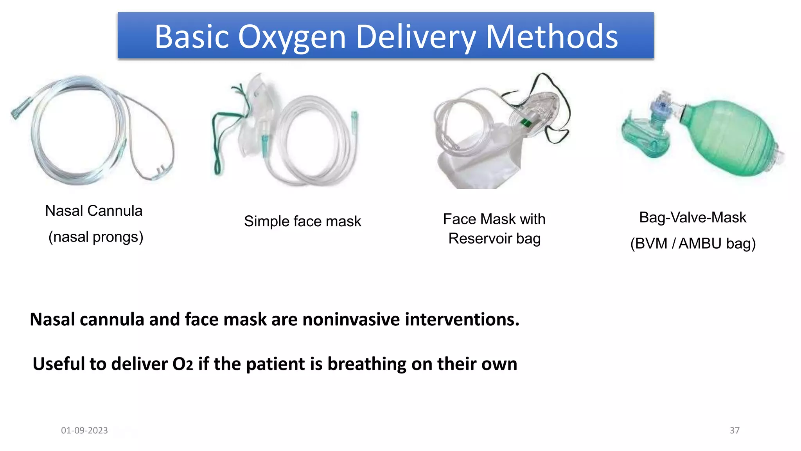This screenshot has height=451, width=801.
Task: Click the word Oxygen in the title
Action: click(x=292, y=37)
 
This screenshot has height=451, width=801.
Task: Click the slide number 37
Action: click(x=735, y=430)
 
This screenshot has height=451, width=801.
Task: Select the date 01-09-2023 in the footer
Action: click(x=84, y=430)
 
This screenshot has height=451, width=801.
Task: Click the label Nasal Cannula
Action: click(x=94, y=211)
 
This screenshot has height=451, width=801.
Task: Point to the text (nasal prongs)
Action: click(x=96, y=237)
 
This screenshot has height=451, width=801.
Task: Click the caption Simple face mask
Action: click(x=302, y=222)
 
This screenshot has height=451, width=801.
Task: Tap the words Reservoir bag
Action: click(x=494, y=238)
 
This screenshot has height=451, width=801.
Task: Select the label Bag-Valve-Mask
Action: click(x=693, y=218)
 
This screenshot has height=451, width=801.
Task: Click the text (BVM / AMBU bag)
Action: click(x=693, y=244)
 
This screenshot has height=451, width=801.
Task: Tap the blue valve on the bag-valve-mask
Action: click(x=661, y=106)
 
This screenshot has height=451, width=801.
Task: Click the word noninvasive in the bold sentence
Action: click(x=351, y=319)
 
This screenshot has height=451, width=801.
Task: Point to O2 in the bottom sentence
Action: click(x=183, y=364)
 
